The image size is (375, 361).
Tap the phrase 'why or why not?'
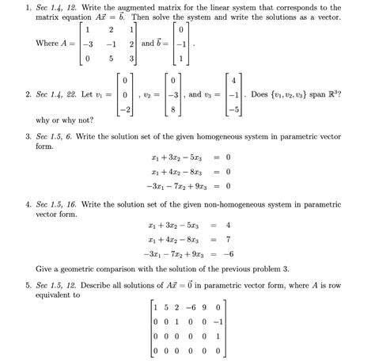click(x=62, y=122)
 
